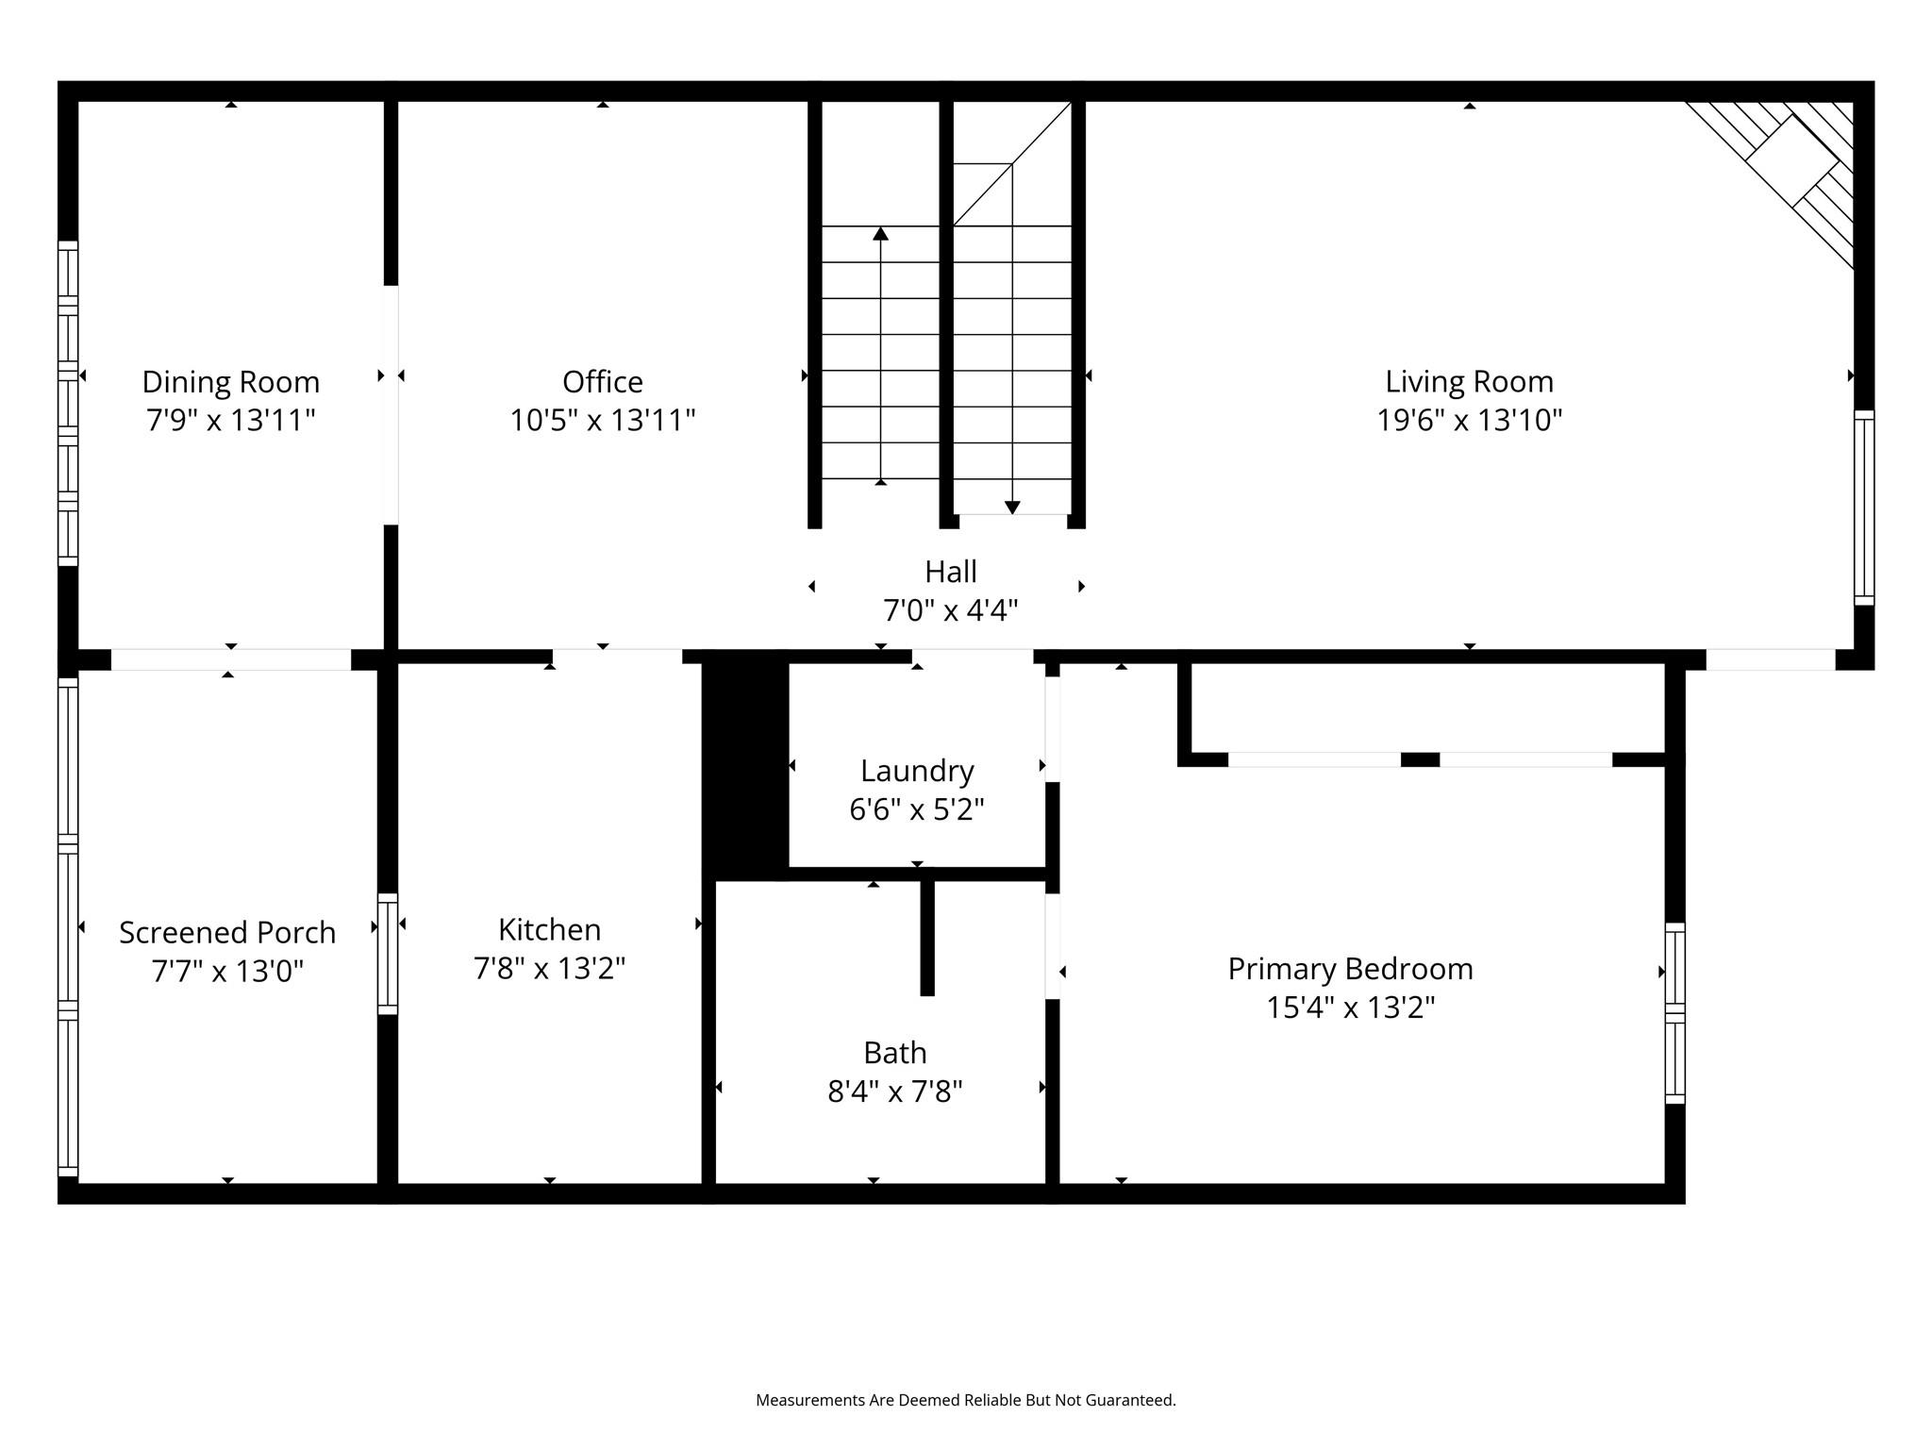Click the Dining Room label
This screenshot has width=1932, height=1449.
pos(231,382)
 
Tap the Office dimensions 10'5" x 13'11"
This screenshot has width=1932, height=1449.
pos(603,420)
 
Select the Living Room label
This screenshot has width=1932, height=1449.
pos(1469,382)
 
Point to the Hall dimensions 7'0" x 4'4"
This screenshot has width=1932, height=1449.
pos(950,610)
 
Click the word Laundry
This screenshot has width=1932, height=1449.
pos(917,772)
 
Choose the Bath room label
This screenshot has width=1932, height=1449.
pos(895,1053)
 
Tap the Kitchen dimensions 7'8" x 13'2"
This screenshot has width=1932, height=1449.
pos(549,968)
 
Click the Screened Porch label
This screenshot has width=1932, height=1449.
pos(227,932)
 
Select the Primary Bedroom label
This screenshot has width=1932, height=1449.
pos(1350,970)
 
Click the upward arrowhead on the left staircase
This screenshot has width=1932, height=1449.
pos(880,233)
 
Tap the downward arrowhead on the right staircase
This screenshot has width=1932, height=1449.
pos(1012,508)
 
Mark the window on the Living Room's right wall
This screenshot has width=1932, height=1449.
pos(1864,508)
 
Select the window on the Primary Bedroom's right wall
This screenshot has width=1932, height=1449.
pos(1674,1013)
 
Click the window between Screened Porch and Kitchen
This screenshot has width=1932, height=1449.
pos(388,954)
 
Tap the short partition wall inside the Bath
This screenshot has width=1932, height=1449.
pos(927,937)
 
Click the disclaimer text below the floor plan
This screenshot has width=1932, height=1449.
pos(966,1400)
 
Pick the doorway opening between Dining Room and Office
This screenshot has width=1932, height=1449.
pos(391,405)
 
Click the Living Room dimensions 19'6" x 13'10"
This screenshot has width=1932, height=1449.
pos(1469,420)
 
